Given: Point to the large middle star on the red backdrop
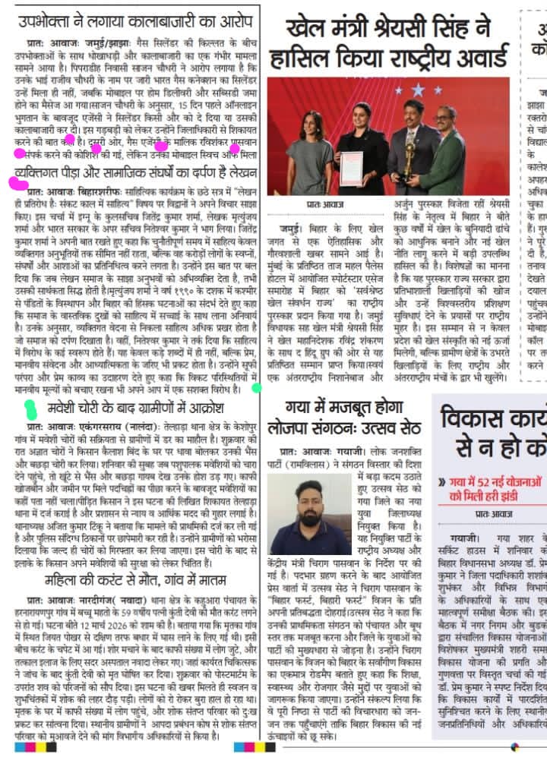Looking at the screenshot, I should [x=416, y=90].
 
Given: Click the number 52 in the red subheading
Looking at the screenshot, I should [x=475, y=481].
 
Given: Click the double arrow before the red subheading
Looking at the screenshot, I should [x=441, y=481].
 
